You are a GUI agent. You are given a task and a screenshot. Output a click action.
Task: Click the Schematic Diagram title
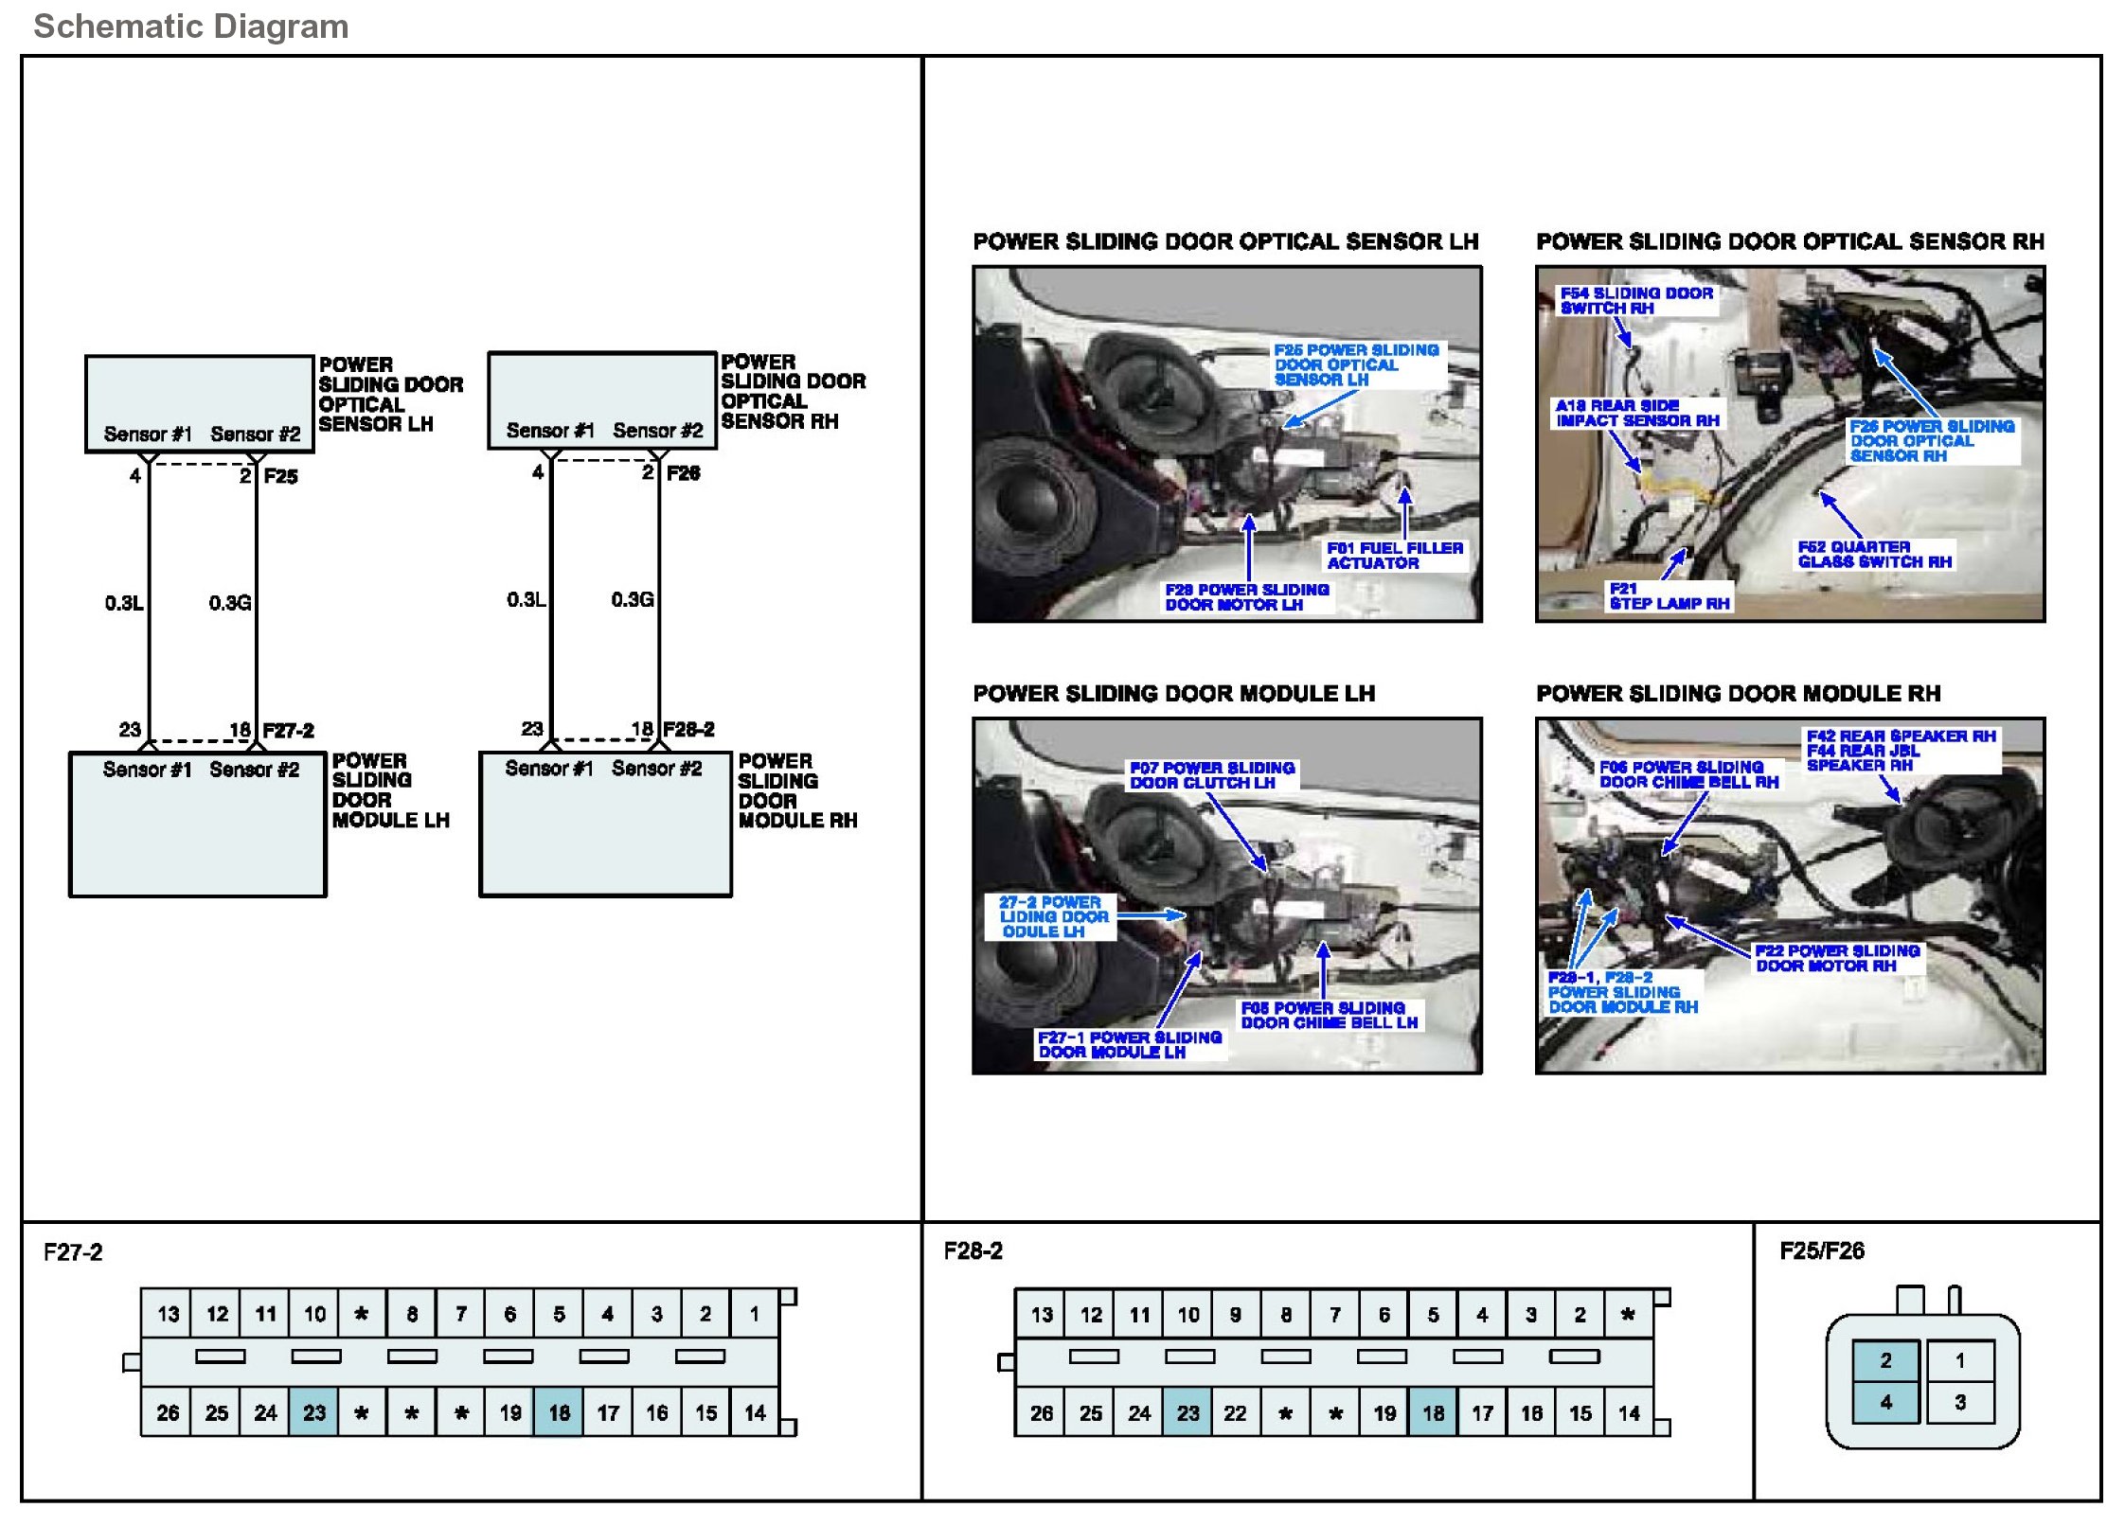[190, 27]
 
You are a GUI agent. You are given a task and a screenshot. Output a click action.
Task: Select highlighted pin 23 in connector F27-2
[314, 1412]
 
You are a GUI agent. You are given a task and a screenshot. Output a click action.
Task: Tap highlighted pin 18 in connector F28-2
[1433, 1413]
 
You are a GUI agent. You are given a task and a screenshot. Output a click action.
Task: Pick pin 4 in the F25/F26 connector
[1885, 1402]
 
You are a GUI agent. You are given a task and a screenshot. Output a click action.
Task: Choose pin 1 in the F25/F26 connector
[1959, 1360]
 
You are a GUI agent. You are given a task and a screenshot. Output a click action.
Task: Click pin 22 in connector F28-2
[1235, 1413]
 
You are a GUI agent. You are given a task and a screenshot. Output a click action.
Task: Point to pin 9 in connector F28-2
[1235, 1314]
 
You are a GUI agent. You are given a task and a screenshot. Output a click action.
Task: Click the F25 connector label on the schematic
[280, 476]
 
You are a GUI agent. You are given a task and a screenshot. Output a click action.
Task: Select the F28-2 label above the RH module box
[688, 729]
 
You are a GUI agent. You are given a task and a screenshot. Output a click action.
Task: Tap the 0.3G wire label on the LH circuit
[230, 603]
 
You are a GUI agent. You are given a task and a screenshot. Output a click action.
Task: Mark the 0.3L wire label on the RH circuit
[526, 600]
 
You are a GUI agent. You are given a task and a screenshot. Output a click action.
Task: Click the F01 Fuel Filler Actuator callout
[1394, 556]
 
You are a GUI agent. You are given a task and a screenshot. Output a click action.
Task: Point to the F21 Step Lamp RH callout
[1669, 596]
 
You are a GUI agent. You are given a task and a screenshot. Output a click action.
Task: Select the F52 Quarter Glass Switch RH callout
[1874, 555]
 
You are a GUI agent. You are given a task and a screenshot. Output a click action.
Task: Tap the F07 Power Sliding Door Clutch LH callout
[1211, 775]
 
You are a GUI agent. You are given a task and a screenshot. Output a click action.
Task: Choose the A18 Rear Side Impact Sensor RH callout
[1636, 413]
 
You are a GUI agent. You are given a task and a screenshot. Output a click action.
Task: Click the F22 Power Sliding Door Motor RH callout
[1836, 958]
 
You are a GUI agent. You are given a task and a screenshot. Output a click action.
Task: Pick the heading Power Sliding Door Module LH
[1173, 694]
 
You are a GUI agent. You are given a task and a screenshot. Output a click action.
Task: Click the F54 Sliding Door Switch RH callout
[1635, 301]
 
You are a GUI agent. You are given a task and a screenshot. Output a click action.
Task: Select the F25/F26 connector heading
[1821, 1251]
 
